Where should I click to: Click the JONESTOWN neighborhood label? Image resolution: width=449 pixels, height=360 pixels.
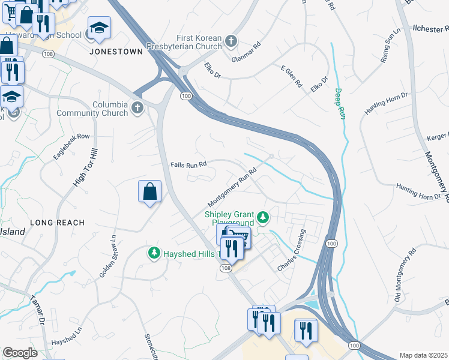[x=116, y=52]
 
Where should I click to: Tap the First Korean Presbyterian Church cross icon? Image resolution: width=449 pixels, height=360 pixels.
[x=232, y=42]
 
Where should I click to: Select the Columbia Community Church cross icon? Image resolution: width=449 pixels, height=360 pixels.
[x=137, y=108]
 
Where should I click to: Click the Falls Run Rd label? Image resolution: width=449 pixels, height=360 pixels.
[x=188, y=164]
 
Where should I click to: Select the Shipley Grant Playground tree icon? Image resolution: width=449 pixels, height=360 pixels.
[x=262, y=217]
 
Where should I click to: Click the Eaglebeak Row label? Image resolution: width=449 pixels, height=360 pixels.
[x=71, y=146]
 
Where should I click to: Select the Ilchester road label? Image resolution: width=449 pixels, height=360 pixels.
[x=431, y=28]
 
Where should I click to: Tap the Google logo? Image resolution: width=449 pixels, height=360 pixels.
[x=20, y=353]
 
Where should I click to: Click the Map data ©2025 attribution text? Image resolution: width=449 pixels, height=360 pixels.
[x=423, y=355]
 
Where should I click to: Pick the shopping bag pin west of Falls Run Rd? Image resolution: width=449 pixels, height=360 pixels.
[x=149, y=192]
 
